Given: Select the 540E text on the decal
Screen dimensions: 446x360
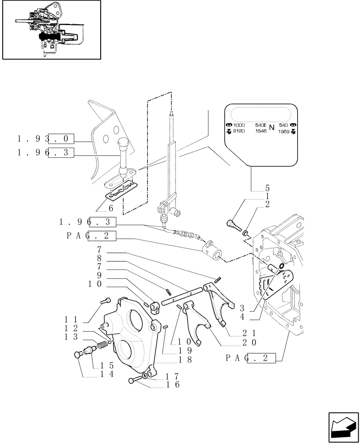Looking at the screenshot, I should pos(261,125).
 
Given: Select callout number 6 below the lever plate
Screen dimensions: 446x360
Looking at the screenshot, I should pos(110,208).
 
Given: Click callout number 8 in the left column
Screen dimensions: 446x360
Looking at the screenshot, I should pos(99,258).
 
